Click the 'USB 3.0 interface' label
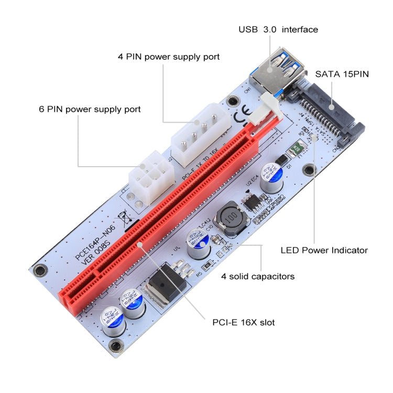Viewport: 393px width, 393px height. pos(278,30)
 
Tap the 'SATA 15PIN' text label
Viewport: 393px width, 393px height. pos(342,74)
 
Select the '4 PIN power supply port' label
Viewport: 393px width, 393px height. pos(168,56)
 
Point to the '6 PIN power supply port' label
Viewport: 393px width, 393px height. pos(90,110)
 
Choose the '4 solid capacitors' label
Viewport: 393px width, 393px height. pos(257,276)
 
